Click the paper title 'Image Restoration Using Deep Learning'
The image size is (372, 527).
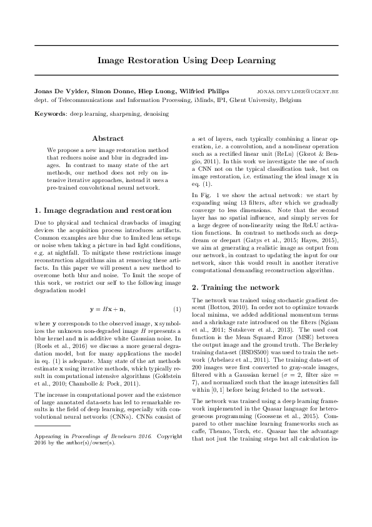[186, 61]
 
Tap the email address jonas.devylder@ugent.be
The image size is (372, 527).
[298, 91]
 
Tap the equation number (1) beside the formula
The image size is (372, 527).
[177, 309]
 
